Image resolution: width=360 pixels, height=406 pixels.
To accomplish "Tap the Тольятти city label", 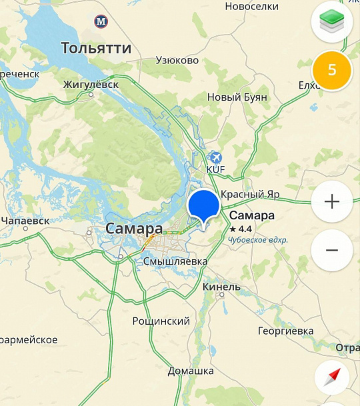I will [96, 48].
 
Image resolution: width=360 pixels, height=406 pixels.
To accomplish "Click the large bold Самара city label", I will [134, 229].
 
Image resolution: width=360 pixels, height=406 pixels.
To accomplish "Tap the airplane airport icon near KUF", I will [215, 157].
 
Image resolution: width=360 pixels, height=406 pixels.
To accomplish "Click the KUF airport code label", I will [216, 169].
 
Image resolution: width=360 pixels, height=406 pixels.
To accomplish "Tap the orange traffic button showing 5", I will [332, 70].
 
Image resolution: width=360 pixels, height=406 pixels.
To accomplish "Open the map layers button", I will [332, 23].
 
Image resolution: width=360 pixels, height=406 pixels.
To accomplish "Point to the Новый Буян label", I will [237, 97].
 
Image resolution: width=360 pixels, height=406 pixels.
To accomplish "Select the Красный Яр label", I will [250, 194].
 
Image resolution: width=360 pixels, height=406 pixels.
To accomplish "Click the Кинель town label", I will [221, 287].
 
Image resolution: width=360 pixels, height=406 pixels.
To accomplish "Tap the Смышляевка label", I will [175, 261].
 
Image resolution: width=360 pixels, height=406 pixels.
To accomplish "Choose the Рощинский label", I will [161, 321].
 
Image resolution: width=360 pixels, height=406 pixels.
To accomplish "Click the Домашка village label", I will [190, 371].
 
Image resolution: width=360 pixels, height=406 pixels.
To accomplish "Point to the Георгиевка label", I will [285, 331].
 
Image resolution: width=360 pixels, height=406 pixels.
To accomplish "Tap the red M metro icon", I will [101, 21].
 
